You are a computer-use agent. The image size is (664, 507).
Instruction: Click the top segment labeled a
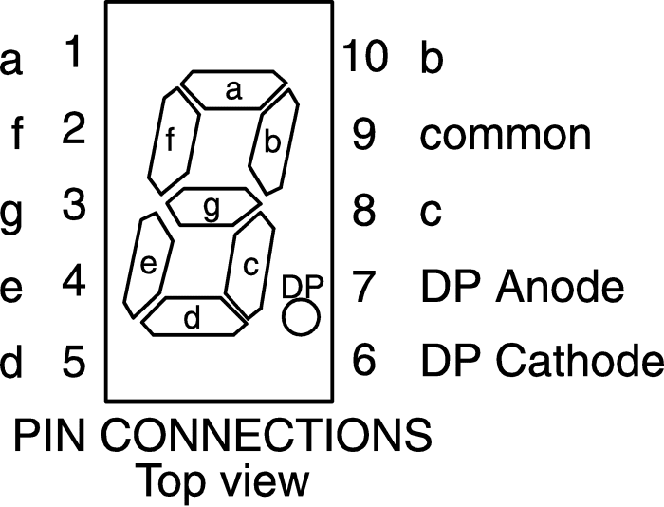click(233, 90)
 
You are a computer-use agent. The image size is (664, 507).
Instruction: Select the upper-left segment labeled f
click(174, 141)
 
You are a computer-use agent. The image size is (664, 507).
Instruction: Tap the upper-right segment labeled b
click(273, 141)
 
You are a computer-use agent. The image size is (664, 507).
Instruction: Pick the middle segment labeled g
click(213, 206)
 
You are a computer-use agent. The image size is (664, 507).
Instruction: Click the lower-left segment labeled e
click(148, 265)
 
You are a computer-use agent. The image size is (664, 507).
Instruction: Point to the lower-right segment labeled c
click(249, 266)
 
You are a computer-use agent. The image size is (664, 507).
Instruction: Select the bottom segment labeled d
click(194, 317)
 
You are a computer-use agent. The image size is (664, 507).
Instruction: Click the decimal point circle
click(301, 317)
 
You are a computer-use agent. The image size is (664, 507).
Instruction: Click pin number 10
click(364, 55)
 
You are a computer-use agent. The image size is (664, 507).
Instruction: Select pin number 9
click(363, 134)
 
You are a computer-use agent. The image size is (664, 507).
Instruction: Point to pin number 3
click(74, 204)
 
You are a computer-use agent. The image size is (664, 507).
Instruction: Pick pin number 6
click(363, 360)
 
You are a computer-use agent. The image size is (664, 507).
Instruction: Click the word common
click(506, 135)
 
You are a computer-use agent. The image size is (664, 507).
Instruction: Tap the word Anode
click(559, 285)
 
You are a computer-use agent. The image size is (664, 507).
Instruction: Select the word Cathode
click(580, 360)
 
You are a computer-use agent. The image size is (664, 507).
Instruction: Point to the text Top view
click(223, 480)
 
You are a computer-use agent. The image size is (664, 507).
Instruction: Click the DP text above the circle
click(303, 286)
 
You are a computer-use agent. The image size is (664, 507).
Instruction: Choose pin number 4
click(74, 280)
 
